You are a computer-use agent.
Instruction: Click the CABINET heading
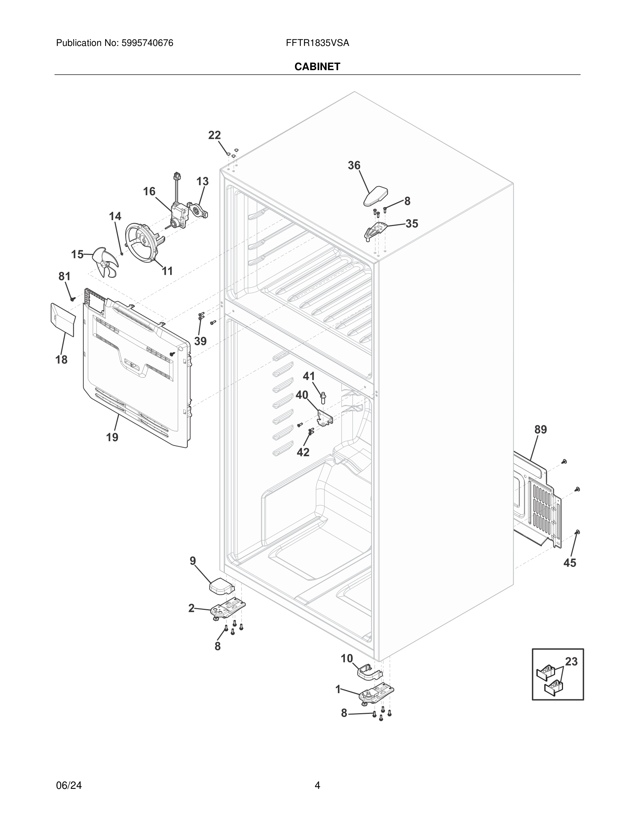coord(317,67)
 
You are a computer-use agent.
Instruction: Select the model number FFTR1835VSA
coord(317,43)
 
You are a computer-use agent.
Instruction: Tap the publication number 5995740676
coord(147,43)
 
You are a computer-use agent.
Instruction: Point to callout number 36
coord(353,166)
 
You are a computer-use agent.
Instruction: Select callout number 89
coord(541,430)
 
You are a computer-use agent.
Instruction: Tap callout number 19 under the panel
coord(112,437)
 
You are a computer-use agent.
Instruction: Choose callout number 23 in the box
coord(571,672)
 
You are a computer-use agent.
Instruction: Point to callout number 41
coord(309,376)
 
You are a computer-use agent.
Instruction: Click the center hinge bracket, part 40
coord(325,418)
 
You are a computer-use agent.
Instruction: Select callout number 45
coord(570,573)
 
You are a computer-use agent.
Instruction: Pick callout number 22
coord(214,135)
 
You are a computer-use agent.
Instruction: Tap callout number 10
coord(347,658)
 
